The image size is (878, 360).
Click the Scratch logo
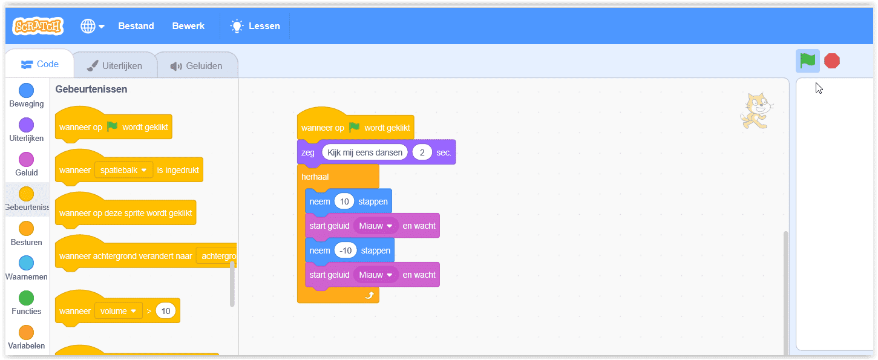[38, 26]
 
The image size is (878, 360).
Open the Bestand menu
[136, 26]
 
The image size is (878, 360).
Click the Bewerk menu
[188, 26]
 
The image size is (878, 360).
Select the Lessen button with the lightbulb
[255, 26]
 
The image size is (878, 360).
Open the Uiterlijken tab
[115, 66]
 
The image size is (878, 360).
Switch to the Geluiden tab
[197, 66]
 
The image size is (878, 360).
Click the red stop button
[832, 61]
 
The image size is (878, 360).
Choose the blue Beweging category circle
[26, 91]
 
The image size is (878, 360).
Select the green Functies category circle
[26, 298]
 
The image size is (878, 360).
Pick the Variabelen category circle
[26, 333]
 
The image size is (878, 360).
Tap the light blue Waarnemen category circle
[26, 263]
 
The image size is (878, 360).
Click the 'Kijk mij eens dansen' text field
[364, 152]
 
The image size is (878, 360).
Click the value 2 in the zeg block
[422, 152]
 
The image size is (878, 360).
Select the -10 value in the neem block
[346, 250]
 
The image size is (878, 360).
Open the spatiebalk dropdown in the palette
[123, 170]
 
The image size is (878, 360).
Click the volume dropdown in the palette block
[118, 311]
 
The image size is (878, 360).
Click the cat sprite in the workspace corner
[756, 111]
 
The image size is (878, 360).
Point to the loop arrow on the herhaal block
[370, 295]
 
